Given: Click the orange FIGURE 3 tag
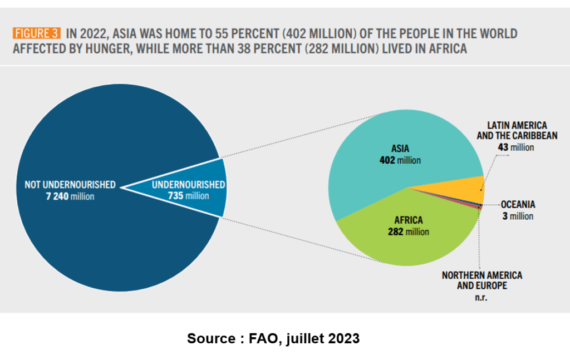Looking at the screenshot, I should click(x=36, y=33).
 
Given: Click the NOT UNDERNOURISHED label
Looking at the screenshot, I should click(x=70, y=184).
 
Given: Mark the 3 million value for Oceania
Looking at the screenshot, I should click(x=518, y=216).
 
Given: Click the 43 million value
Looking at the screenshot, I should click(x=516, y=147).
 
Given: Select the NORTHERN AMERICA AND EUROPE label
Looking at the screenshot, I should click(x=482, y=280).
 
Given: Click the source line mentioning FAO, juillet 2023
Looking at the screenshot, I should click(x=273, y=338).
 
